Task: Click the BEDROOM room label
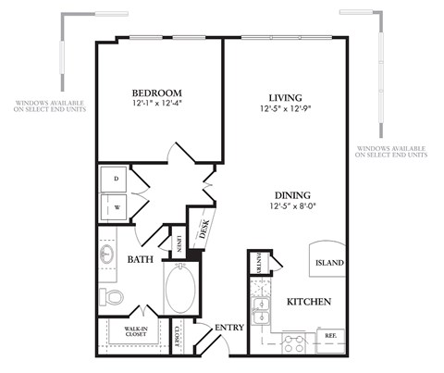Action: point(156,93)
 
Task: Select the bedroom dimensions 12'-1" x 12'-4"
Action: point(156,105)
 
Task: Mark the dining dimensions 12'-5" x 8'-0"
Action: point(290,207)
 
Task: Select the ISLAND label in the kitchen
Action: point(329,263)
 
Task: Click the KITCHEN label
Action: point(309,303)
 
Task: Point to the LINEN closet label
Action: point(174,243)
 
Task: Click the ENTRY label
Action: point(228,328)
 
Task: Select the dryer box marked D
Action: point(117,178)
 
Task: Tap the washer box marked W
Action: point(117,206)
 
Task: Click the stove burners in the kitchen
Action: point(294,343)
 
